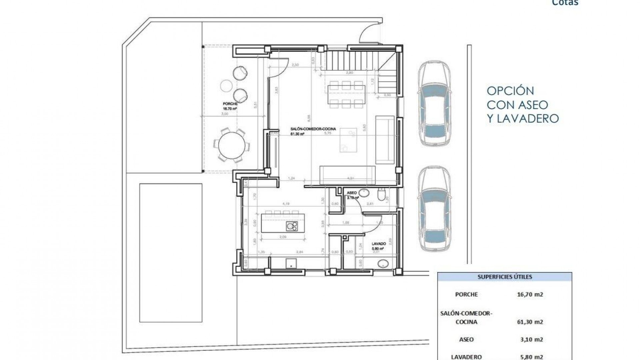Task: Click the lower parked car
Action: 435,208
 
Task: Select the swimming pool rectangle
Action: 171,252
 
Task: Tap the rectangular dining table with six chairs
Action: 346,94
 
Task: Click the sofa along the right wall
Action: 385,139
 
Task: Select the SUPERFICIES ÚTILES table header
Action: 504,277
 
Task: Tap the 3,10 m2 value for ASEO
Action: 532,340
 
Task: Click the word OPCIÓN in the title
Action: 510,91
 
